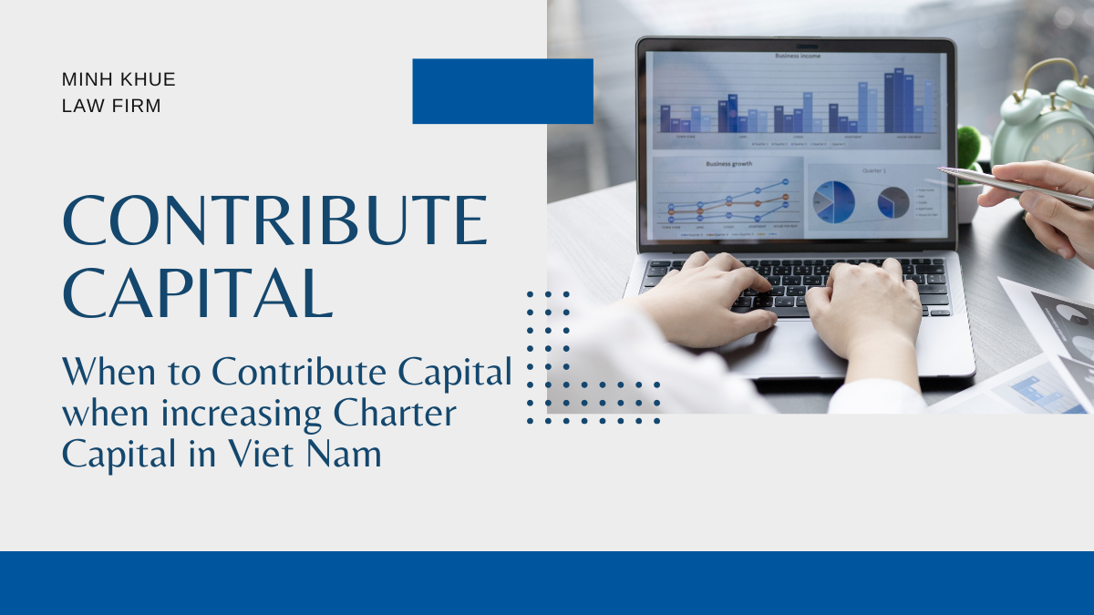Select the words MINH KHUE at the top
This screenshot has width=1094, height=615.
(x=119, y=79)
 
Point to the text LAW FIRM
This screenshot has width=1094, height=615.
(x=111, y=106)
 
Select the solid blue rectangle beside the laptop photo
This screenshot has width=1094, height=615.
(x=502, y=91)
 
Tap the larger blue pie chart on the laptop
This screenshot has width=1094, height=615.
(x=833, y=201)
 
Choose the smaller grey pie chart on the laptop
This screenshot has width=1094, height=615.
(x=893, y=202)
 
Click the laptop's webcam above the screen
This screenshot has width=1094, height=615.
(x=796, y=44)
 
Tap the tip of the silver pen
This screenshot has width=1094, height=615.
(x=940, y=169)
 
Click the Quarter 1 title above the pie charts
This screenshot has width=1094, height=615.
(x=873, y=169)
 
